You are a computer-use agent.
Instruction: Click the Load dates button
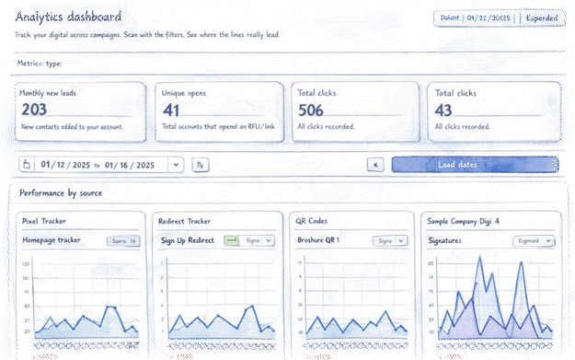[x=474, y=165]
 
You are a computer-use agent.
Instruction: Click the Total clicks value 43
[x=443, y=109]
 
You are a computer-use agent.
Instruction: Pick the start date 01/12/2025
[x=66, y=165]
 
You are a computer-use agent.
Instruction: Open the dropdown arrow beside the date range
[x=175, y=165]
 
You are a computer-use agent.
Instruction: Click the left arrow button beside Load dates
[x=374, y=165]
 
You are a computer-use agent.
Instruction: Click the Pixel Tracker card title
[x=44, y=222]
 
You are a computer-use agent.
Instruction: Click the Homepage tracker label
[x=52, y=240]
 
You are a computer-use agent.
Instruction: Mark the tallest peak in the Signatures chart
[x=479, y=261]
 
